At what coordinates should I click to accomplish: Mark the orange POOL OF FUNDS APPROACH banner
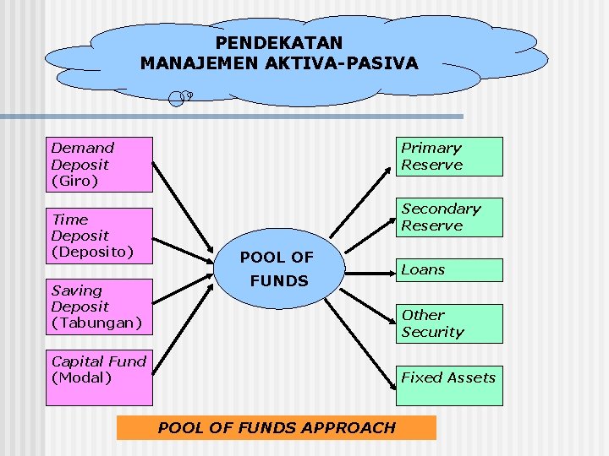(x=276, y=427)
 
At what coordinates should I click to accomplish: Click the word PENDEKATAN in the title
(x=279, y=42)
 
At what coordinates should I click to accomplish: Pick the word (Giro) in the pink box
(x=74, y=181)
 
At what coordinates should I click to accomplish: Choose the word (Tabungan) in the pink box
(x=96, y=323)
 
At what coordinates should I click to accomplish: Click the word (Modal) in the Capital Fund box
(x=81, y=377)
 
